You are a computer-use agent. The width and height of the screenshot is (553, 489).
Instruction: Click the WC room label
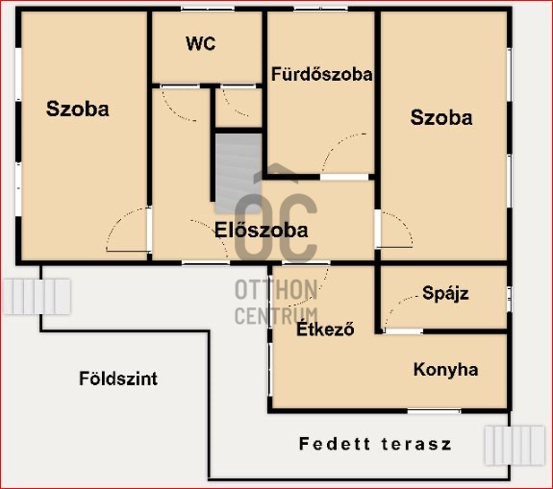pos(201,43)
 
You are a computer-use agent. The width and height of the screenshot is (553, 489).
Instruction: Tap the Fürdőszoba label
pos(321,74)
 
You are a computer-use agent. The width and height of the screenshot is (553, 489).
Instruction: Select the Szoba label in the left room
pos(78,109)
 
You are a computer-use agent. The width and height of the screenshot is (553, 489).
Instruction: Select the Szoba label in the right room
pos(441,117)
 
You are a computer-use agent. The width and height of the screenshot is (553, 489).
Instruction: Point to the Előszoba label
pos(262,231)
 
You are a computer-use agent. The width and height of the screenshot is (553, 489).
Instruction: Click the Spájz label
pos(446,293)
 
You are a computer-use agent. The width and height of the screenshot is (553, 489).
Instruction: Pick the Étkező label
pos(325,329)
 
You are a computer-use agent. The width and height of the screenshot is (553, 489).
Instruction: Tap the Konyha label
pos(446,370)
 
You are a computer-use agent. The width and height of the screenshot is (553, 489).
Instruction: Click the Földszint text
pos(118,379)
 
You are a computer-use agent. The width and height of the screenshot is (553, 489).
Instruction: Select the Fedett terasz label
pos(375,444)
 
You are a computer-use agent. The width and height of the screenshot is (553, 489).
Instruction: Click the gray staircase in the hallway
pos(239,173)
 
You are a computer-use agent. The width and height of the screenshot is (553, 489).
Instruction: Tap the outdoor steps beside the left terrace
pos(38,297)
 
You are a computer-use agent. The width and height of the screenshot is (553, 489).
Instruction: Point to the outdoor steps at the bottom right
pos(515,446)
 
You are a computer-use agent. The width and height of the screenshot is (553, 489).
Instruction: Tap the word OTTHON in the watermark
pos(276,289)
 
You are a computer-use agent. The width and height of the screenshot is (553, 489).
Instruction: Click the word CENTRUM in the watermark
pos(276,316)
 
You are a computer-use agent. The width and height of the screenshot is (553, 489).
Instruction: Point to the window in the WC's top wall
pos(208,9)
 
